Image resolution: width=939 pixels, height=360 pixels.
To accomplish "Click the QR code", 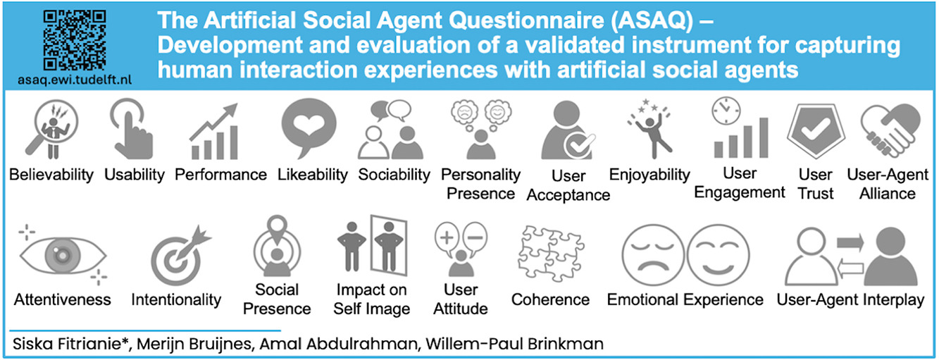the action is click(75, 40).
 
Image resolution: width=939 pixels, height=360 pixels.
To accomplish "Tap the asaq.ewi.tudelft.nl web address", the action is click(75, 80).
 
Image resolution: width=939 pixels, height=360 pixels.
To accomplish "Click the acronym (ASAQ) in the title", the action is click(652, 20).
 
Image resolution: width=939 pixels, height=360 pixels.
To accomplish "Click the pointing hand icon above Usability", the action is click(131, 128).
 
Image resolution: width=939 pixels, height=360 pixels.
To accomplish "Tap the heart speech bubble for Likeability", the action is click(309, 128).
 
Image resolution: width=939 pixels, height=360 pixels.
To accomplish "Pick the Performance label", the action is click(220, 174).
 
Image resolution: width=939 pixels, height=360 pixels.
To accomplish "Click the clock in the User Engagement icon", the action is click(726, 111).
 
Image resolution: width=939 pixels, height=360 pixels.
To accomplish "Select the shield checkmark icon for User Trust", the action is click(815, 130).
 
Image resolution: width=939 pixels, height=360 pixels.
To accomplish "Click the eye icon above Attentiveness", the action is click(63, 255).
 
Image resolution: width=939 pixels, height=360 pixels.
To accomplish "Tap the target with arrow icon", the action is click(180, 256).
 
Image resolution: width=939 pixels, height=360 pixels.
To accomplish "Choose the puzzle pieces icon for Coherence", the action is click(551, 253).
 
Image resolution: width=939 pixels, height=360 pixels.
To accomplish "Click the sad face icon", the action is click(653, 255).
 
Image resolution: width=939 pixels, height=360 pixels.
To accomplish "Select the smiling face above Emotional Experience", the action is click(718, 255).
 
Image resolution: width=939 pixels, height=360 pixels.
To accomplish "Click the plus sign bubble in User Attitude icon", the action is click(447, 239).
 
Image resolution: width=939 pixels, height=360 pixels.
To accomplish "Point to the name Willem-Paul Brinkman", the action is click(514, 344).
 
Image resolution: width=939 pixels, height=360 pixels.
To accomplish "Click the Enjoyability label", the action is click(649, 174).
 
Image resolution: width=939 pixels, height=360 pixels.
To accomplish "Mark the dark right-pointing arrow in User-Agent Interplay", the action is click(850, 242).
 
